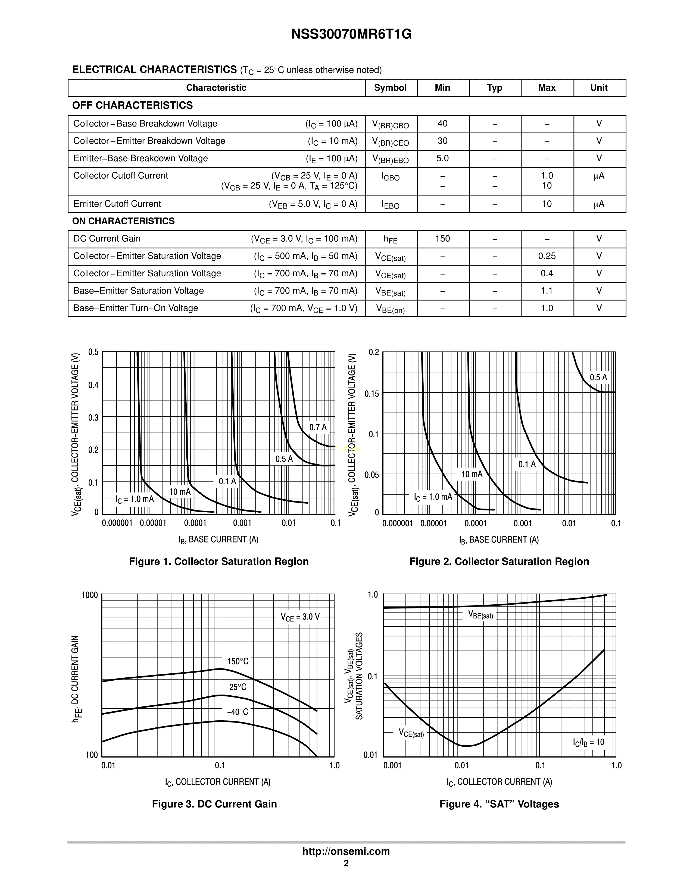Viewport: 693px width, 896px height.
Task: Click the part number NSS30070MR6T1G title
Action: pyautogui.click(x=351, y=34)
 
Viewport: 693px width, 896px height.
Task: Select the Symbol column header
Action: pyautogui.click(x=390, y=88)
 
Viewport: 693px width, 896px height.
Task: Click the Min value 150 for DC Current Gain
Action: pyautogui.click(x=442, y=239)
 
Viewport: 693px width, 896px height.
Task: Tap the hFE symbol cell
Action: pyautogui.click(x=390, y=239)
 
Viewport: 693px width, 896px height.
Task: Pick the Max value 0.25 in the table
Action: pyautogui.click(x=547, y=256)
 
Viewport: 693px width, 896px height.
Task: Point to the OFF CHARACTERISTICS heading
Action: pyautogui.click(x=132, y=105)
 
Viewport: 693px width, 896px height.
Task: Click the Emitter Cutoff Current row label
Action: pyautogui.click(x=117, y=204)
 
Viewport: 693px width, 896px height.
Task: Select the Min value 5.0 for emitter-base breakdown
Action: pyautogui.click(x=442, y=158)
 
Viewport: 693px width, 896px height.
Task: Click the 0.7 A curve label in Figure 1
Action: pyautogui.click(x=318, y=427)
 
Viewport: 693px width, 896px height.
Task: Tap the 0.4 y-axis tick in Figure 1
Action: pyautogui.click(x=93, y=385)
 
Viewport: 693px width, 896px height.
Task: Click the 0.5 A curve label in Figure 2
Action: pyautogui.click(x=598, y=377)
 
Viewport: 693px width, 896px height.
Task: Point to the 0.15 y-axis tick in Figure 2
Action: pyautogui.click(x=372, y=394)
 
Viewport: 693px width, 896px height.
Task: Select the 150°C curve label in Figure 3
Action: pyautogui.click(x=238, y=661)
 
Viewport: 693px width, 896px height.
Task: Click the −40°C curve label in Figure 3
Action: pyautogui.click(x=238, y=712)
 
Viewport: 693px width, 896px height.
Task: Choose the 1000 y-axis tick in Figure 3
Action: pyautogui.click(x=89, y=595)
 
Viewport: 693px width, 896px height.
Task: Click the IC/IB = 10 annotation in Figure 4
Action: pyautogui.click(x=588, y=742)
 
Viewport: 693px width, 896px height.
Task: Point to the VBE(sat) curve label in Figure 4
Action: pyautogui.click(x=480, y=615)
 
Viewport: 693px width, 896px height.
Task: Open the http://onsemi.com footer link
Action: pyautogui.click(x=346, y=851)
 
